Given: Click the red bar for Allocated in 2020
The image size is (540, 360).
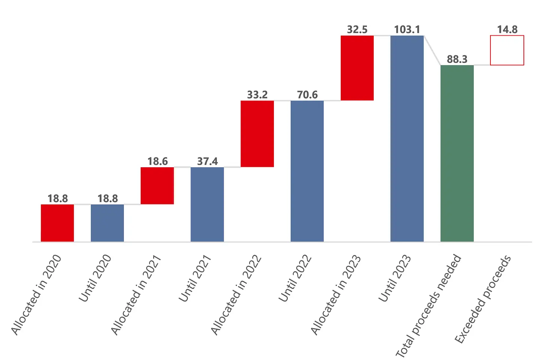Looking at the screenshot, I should coord(57,223).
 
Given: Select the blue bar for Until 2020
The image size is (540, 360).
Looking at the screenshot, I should coord(107,223).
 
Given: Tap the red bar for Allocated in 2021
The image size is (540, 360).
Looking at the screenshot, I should coord(157,186).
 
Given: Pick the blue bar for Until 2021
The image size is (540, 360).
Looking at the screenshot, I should coord(207,204).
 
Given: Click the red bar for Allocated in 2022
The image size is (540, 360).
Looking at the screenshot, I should coord(257,134).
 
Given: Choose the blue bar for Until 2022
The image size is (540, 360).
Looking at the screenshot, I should coord(307,171).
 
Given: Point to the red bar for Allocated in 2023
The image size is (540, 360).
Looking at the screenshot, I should coord(357,68).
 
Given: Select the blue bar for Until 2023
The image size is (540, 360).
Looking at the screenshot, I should coord(407,138).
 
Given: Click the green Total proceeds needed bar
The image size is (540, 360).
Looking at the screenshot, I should coord(457,153).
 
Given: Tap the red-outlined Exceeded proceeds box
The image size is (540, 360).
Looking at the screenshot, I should coord(507,50).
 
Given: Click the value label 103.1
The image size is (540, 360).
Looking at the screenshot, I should coord(407,29).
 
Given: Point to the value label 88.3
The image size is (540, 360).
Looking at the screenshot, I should coord(457,59).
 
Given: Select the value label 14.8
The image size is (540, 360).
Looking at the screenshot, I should coord(507,29).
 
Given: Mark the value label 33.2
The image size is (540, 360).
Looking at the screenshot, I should coord(257,94).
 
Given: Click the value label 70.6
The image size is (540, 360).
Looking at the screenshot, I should coord(307,94).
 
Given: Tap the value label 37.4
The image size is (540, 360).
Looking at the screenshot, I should coord(207,161).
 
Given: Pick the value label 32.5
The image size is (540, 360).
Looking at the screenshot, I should coord(357,29).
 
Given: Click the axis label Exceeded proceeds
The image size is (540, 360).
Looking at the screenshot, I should coord(483,299).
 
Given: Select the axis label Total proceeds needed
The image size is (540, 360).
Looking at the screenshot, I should coord(428,306).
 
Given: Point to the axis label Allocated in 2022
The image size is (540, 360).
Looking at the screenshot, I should coord(236,295).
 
